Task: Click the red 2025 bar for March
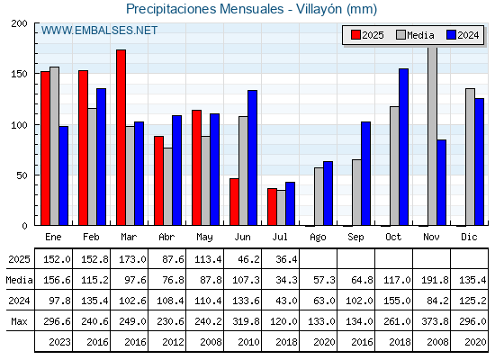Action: tap(121, 138)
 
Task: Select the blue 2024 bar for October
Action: tap(404, 147)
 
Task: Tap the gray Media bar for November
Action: tap(433, 136)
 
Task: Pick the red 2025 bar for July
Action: tap(272, 207)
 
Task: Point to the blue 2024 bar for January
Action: tap(64, 175)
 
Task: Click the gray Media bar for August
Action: tap(319, 196)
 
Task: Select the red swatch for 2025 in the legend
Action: tap(355, 35)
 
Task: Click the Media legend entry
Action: tap(415, 35)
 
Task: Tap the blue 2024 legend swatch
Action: tap(451, 35)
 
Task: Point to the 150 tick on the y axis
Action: tap(37, 74)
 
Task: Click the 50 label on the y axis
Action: tap(22, 175)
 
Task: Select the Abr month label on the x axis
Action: tap(166, 238)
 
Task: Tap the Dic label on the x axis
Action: tap(469, 238)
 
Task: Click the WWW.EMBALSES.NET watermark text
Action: tap(99, 31)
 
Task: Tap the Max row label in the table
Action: tap(19, 321)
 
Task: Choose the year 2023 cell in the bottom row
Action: tap(59, 342)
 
